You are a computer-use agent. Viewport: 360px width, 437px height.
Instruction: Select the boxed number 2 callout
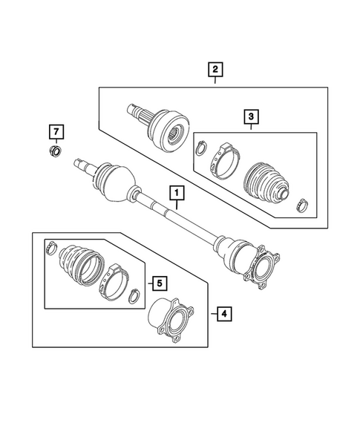tap(215, 70)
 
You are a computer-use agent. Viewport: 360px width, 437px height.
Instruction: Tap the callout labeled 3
tap(251, 116)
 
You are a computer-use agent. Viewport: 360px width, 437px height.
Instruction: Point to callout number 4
tap(225, 315)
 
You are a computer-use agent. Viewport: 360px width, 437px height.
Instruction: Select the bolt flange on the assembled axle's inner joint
tap(266, 269)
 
